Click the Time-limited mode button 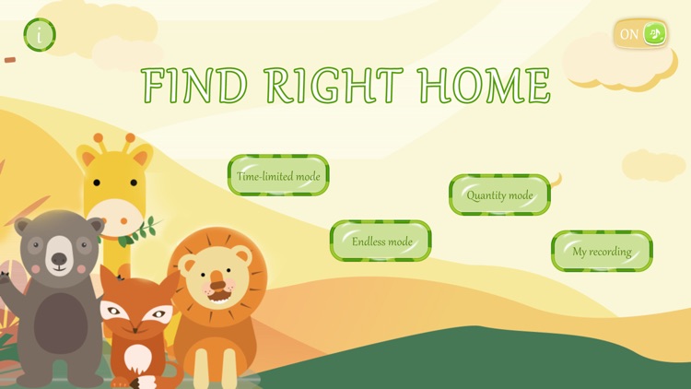click(278, 175)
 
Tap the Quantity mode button click(499, 194)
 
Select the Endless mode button click(381, 241)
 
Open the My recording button click(602, 251)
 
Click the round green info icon click(39, 35)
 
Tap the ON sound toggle click(641, 34)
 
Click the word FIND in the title click(195, 86)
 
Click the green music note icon click(654, 34)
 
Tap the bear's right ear click(93, 226)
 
